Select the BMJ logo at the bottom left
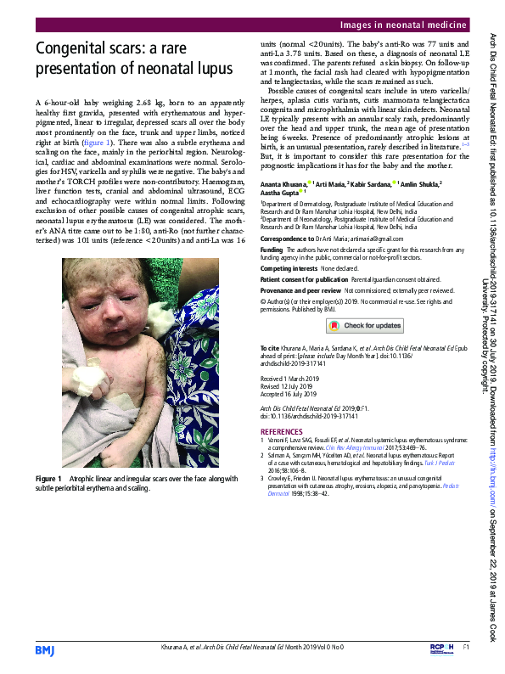(44, 649)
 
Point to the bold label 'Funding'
(272, 250)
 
